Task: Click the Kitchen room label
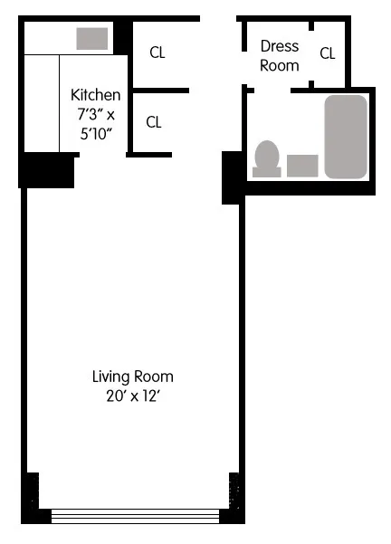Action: click(95, 94)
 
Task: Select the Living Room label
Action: click(132, 377)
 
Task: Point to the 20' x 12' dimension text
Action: click(132, 395)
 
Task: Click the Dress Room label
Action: click(279, 55)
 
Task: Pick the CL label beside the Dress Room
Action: click(327, 53)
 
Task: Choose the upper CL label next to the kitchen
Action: click(157, 52)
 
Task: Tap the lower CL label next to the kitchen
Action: click(154, 122)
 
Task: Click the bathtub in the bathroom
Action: click(346, 136)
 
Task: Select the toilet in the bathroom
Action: click(267, 157)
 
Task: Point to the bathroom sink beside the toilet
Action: click(303, 165)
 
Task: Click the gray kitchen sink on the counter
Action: click(91, 39)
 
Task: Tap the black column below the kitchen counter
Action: click(46, 169)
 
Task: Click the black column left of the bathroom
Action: click(232, 177)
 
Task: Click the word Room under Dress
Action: click(279, 65)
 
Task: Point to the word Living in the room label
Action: click(111, 377)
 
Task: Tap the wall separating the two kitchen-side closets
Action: click(159, 91)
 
